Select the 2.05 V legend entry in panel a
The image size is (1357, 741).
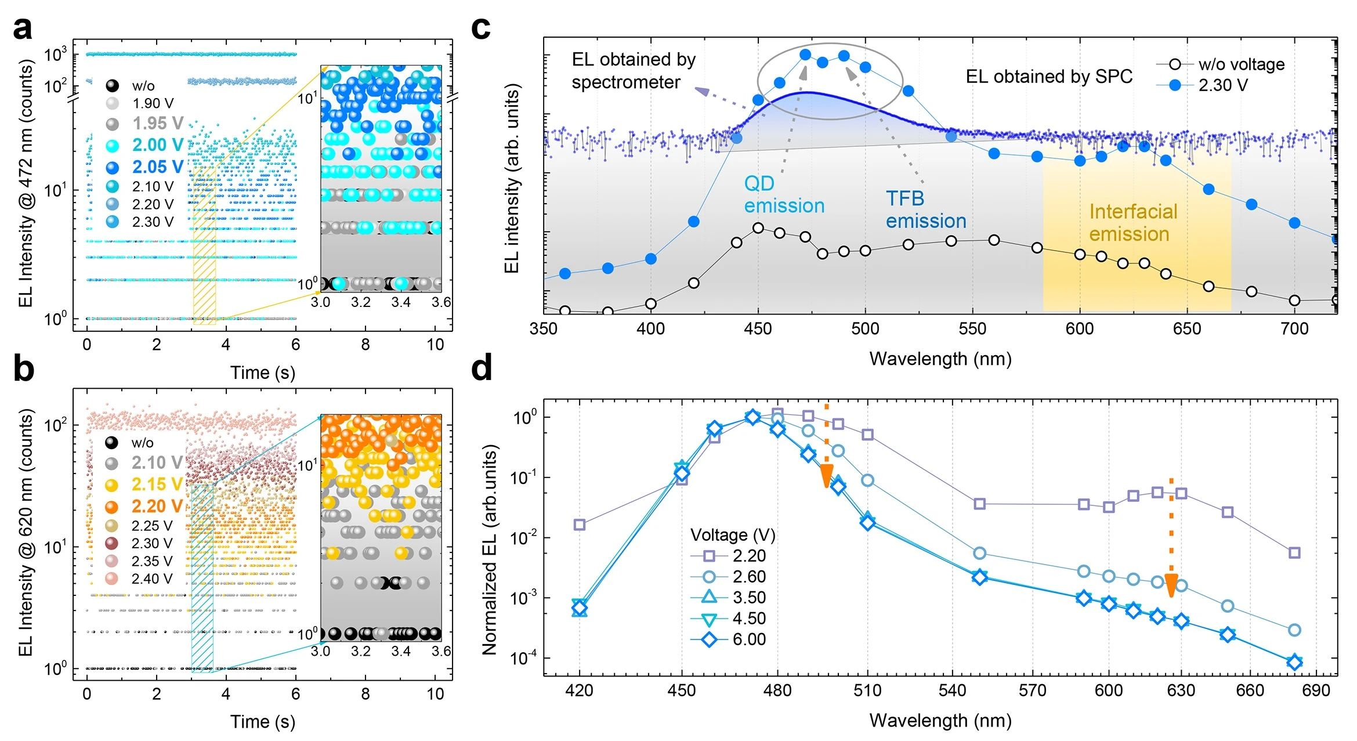click(146, 167)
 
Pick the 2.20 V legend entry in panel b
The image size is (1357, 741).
click(144, 506)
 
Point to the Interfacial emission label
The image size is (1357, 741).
click(1132, 223)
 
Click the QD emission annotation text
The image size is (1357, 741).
click(784, 194)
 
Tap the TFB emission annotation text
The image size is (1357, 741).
click(925, 209)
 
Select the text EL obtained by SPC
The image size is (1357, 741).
click(1048, 77)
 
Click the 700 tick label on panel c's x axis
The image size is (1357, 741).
click(1294, 329)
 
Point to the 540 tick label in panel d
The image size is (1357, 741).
click(952, 691)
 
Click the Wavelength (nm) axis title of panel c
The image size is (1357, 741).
click(940, 359)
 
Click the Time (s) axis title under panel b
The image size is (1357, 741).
click(262, 721)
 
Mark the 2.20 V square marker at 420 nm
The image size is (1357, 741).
click(579, 525)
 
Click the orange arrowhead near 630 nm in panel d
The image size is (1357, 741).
click(1171, 585)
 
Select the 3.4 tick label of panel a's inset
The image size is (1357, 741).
click(400, 302)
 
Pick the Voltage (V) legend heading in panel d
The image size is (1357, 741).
click(732, 535)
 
